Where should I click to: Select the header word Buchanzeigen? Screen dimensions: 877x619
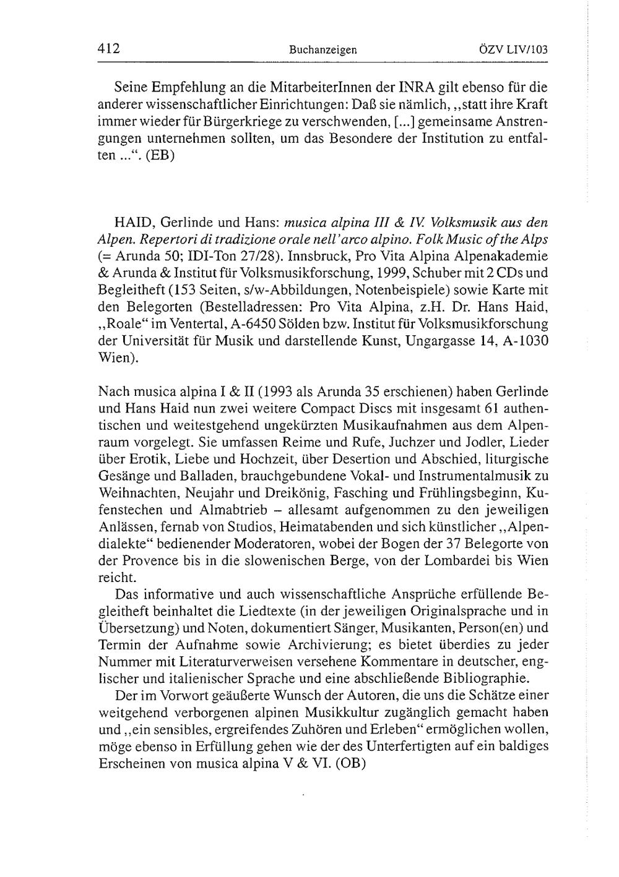pyautogui.click(x=322, y=49)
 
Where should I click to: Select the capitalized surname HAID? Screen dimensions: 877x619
pyautogui.click(x=131, y=222)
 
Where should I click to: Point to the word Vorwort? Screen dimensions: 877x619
pyautogui.click(x=175, y=695)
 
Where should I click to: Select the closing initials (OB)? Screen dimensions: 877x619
pyautogui.click(x=350, y=763)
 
